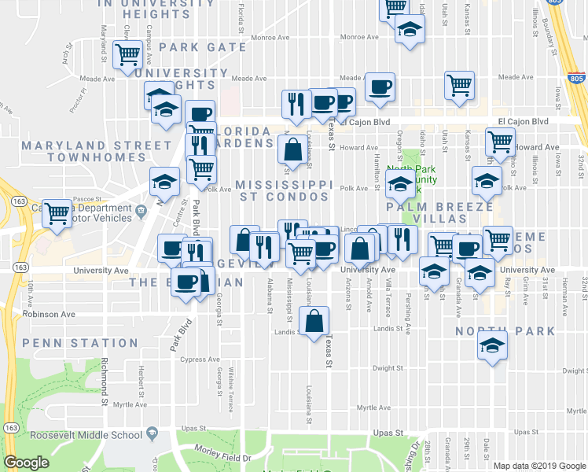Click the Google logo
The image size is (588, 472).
(26, 463)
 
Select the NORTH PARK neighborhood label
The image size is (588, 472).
(505, 331)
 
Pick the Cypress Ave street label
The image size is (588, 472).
(200, 360)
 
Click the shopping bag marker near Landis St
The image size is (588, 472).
(314, 322)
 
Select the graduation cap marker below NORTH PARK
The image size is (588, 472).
(492, 346)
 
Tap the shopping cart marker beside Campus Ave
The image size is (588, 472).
(127, 56)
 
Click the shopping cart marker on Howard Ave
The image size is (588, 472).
(500, 142)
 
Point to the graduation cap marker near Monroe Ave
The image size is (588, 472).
(408, 31)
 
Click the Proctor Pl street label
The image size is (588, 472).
(77, 98)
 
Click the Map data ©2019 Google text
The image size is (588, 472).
(539, 466)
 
